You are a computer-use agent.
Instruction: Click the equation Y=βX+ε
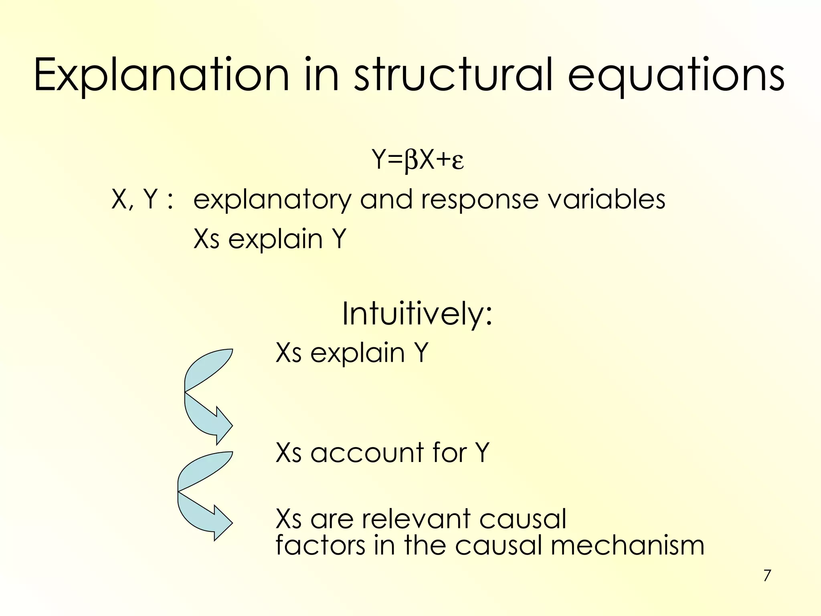pyautogui.click(x=417, y=160)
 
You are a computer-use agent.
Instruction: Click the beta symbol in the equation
pyautogui.click(x=411, y=161)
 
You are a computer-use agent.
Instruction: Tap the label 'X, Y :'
pyautogui.click(x=142, y=199)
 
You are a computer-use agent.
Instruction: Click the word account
pyautogui.click(x=366, y=453)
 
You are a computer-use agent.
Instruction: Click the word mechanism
pyautogui.click(x=627, y=546)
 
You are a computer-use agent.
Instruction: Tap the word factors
pyautogui.click(x=320, y=546)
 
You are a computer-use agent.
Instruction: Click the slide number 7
pyautogui.click(x=767, y=576)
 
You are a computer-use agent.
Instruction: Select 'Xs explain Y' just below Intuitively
pyautogui.click(x=352, y=353)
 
